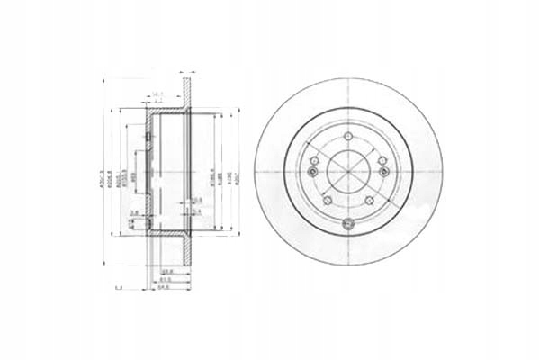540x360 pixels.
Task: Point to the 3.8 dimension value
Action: pos(134,213)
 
